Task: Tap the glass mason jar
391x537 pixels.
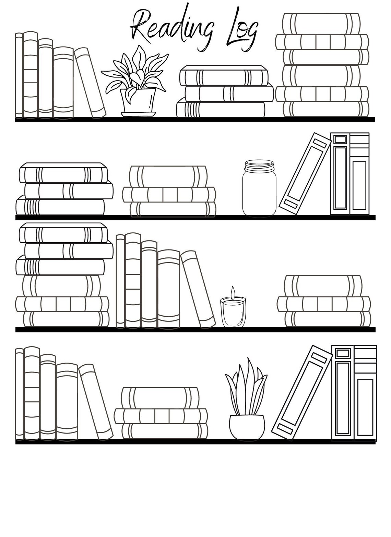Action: coord(259,192)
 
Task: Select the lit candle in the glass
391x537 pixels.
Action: coord(233,310)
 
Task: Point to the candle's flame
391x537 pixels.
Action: coord(233,292)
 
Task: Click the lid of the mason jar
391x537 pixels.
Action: coord(259,166)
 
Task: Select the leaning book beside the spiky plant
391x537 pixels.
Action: coord(302,392)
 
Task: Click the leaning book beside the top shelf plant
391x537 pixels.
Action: coord(90,82)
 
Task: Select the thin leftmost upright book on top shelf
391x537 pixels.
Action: coord(19,75)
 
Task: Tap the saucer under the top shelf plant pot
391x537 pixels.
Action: coord(138,114)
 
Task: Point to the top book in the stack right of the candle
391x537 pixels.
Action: coord(323,285)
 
